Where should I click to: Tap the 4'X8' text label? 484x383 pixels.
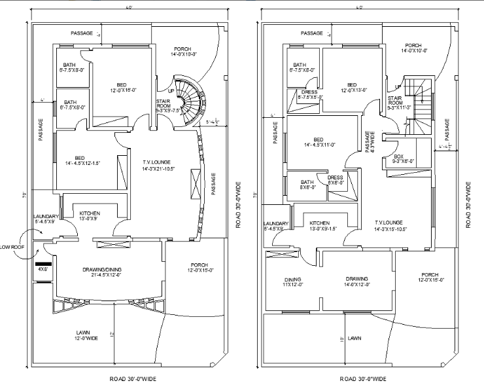pyautogui.click(x=43, y=269)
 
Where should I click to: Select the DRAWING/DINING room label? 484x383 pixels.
pyautogui.click(x=106, y=272)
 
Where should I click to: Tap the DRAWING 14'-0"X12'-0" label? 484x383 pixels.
pyautogui.click(x=357, y=281)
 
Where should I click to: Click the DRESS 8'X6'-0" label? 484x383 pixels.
pyautogui.click(x=335, y=179)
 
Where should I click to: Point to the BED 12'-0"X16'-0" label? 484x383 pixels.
pyautogui.click(x=122, y=88)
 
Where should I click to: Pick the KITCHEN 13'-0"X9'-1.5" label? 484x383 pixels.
pyautogui.click(x=320, y=226)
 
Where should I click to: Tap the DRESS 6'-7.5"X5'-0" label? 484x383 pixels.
pyautogui.click(x=309, y=96)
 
